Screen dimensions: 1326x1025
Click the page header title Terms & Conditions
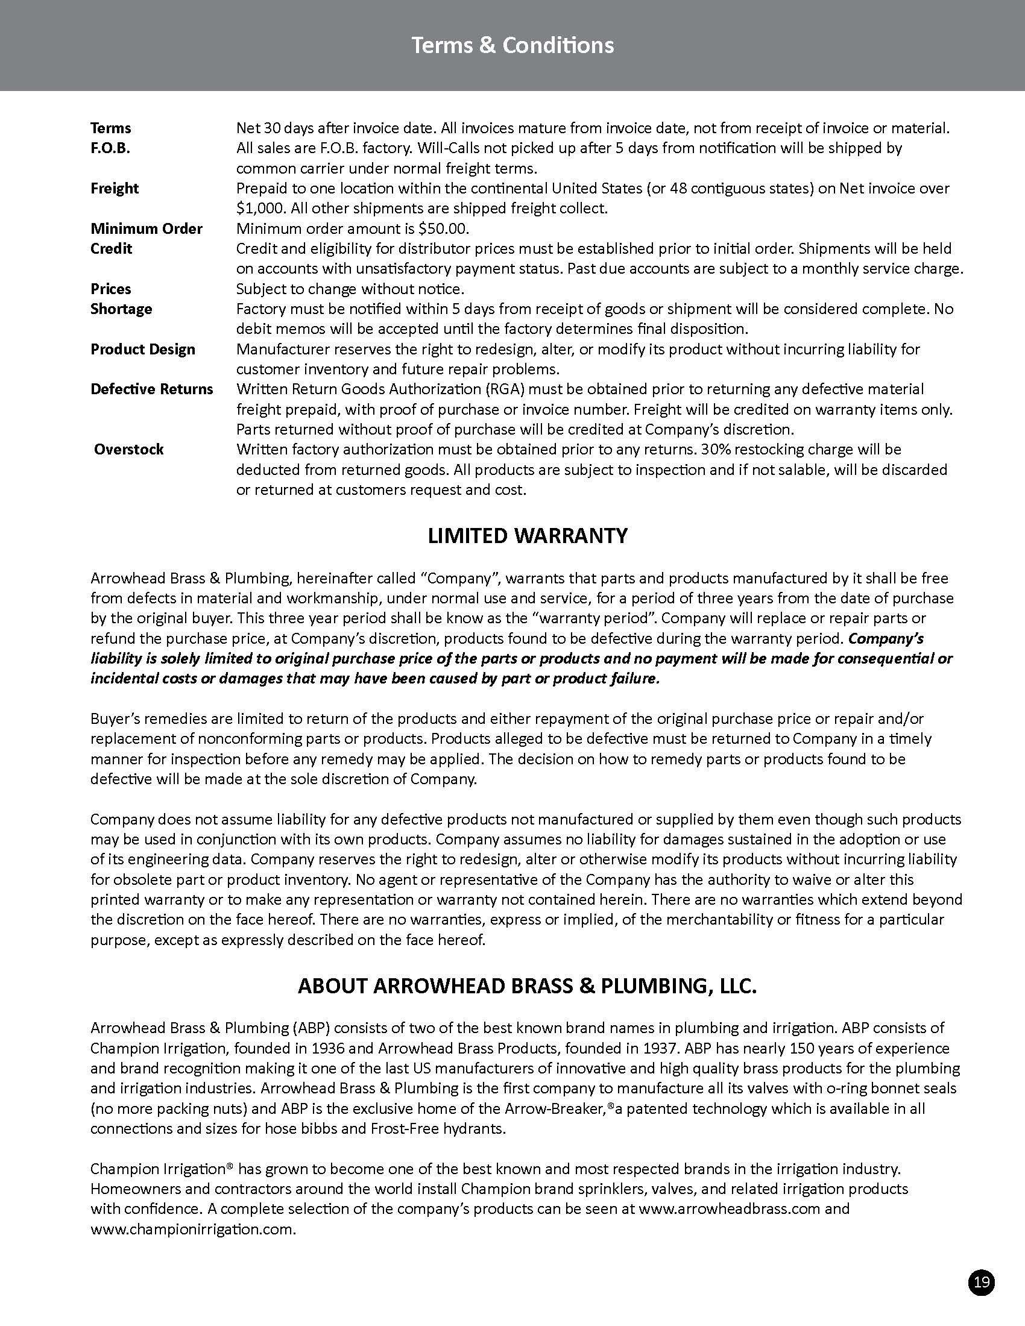[x=512, y=46]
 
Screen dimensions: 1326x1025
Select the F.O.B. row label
[x=110, y=148]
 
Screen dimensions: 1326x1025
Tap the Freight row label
[x=114, y=188]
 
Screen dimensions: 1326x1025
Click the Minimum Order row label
[x=147, y=229]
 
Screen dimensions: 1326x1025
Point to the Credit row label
[x=111, y=249]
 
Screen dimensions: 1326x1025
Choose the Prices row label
[x=110, y=289]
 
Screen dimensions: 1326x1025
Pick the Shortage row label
[x=121, y=309]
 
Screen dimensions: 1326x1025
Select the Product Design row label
[x=143, y=349]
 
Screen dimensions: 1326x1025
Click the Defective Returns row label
[x=152, y=389]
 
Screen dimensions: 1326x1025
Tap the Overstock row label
[x=129, y=449]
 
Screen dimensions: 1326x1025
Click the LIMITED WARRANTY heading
[x=527, y=536]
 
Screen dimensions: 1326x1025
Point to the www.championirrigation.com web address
[x=193, y=1230]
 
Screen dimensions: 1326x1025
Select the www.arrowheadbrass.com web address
[x=730, y=1209]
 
